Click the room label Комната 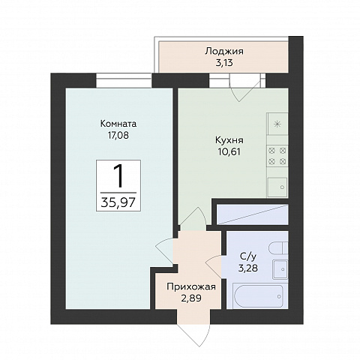click(x=118, y=124)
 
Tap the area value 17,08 click(x=118, y=136)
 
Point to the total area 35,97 click(x=118, y=202)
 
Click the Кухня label click(x=229, y=140)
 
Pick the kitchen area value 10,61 click(x=229, y=152)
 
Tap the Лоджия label click(x=224, y=51)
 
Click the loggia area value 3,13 click(x=224, y=63)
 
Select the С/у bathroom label click(x=248, y=256)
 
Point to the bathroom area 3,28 click(x=248, y=268)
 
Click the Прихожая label click(x=191, y=286)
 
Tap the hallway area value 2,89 click(x=191, y=298)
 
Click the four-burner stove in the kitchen click(x=277, y=156)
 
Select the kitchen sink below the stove click(x=277, y=187)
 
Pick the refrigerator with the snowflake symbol click(x=277, y=124)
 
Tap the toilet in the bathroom click(x=278, y=248)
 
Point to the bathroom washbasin click(x=280, y=269)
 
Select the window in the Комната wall click(x=124, y=80)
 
